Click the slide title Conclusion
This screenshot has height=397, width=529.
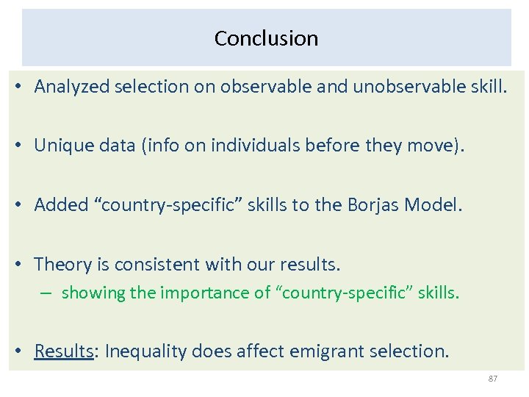(266, 38)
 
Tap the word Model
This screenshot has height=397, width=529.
(433, 205)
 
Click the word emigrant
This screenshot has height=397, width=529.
(322, 351)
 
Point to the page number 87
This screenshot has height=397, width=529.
(493, 379)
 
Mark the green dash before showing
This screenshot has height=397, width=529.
(46, 293)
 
